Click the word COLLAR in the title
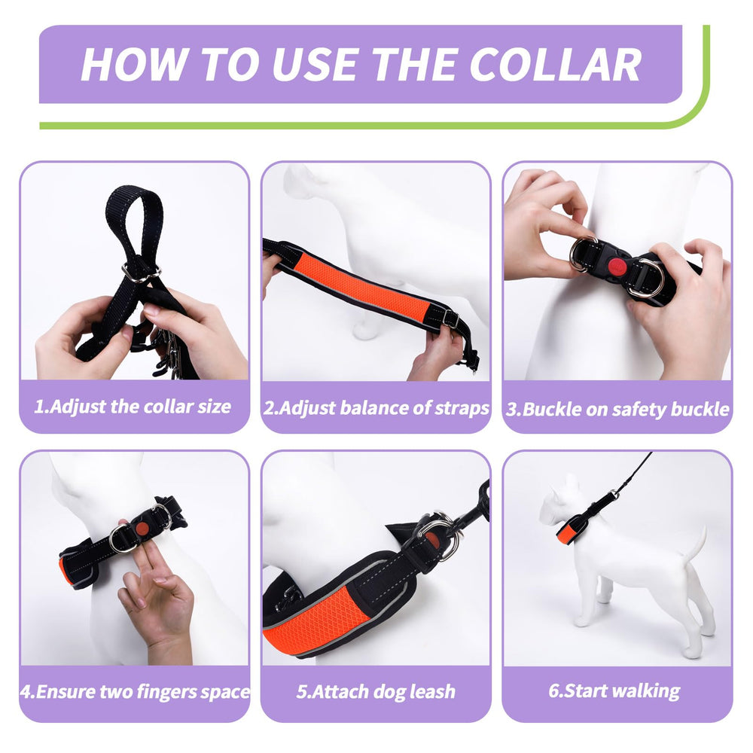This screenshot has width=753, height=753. click(556, 64)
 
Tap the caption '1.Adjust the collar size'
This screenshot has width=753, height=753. click(133, 407)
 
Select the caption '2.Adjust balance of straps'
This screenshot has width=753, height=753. click(376, 407)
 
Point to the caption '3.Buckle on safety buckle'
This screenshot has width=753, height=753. click(617, 409)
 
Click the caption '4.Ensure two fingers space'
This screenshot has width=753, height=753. click(135, 691)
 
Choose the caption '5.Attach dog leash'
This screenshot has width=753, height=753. click(376, 691)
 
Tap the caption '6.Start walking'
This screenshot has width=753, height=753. click(614, 691)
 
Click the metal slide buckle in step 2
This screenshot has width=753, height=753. click(450, 318)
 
